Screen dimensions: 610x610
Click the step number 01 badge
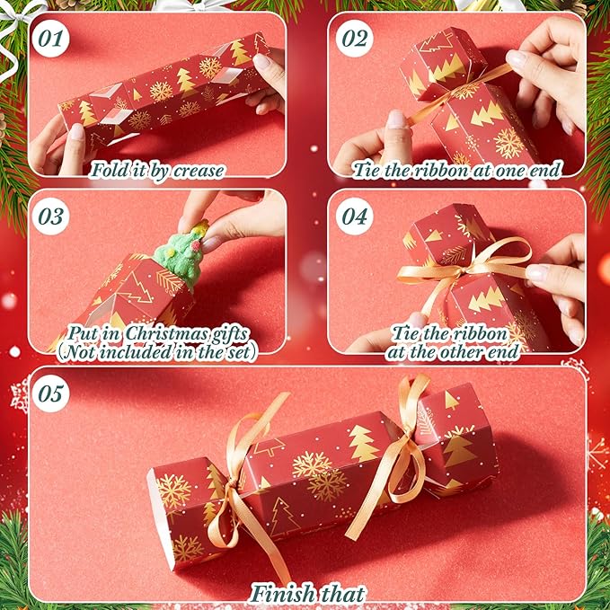pyautogui.click(x=49, y=39)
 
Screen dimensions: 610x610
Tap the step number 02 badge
pyautogui.click(x=354, y=39)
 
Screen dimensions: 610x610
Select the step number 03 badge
pyautogui.click(x=49, y=217)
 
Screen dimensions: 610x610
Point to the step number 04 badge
pyautogui.click(x=354, y=217)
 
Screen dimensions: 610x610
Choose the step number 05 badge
pyautogui.click(x=49, y=392)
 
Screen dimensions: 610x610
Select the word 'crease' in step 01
pyautogui.click(x=199, y=169)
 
